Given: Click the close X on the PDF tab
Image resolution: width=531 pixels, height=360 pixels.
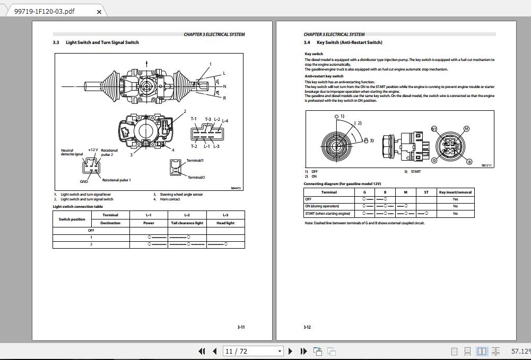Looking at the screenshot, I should coord(99,11).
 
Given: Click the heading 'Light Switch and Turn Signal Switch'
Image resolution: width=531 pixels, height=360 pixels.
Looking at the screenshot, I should coord(102,42).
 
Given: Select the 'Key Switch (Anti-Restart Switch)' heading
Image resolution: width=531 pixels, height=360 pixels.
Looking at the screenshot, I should coord(349,42).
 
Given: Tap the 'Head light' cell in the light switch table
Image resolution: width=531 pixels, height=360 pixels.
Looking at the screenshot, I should coord(225,223).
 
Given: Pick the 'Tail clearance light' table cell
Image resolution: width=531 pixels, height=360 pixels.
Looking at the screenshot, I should coord(187,223).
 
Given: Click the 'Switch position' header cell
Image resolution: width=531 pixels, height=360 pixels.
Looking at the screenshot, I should coord(72,219).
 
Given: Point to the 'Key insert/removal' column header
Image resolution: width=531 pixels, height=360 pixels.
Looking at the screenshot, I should coord(455,192).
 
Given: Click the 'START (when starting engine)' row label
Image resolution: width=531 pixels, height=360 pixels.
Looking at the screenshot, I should coord(328,213).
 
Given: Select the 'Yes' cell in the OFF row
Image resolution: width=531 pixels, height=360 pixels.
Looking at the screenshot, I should coord(455,199).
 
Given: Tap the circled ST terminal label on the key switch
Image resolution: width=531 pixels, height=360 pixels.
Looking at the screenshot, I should coord(434,129).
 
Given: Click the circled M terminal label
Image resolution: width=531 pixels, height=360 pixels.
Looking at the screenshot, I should coord(466,128).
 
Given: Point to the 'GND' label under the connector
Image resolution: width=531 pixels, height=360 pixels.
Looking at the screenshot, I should coord(84,181).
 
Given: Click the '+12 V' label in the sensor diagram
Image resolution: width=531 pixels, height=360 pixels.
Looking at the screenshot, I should coord(93,150).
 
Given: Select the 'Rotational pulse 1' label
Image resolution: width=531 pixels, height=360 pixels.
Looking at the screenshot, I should coord(116,180).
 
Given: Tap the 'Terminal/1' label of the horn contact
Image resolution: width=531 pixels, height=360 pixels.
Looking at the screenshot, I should coord(195,160).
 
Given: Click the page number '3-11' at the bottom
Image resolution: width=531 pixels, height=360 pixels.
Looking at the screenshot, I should coord(241,327).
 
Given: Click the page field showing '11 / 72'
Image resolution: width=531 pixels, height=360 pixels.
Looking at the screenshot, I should coord(250,351).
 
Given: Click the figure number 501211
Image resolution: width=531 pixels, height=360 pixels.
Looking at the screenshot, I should coord(486,165).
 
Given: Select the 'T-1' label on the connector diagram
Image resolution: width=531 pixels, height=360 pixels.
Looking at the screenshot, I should coord(194,119).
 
